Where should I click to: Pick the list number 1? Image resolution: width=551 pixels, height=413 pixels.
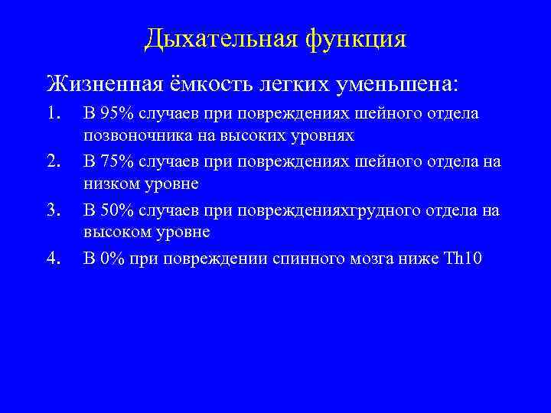click(53, 113)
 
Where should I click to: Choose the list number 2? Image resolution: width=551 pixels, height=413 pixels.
click(53, 161)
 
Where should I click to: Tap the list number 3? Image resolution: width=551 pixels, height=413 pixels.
click(53, 210)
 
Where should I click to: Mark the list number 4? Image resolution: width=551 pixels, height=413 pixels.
click(53, 258)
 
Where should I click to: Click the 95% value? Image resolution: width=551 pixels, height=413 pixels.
click(117, 114)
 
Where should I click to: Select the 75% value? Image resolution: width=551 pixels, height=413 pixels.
click(117, 162)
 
